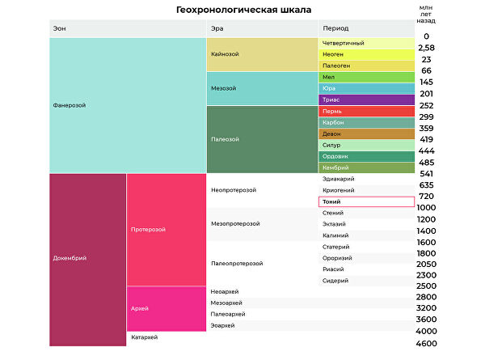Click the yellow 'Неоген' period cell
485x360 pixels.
tap(367, 54)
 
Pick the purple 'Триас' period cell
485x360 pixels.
tap(367, 100)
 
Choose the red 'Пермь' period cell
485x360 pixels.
tap(367, 111)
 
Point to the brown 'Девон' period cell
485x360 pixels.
tap(367, 133)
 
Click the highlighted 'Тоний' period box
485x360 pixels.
tap(367, 201)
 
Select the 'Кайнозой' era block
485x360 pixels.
tap(262, 54)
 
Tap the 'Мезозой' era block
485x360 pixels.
tap(262, 88)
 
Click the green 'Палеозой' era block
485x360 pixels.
tap(262, 139)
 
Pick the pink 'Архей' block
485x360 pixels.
tap(167, 308)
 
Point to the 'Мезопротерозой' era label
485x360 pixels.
tap(235, 223)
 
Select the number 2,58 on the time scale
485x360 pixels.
tap(426, 49)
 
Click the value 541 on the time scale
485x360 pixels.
tap(426, 173)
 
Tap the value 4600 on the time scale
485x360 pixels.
tap(426, 343)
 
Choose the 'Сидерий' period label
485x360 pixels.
tap(335, 280)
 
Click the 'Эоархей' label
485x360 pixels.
tap(222, 325)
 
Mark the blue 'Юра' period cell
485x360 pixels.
tap(367, 88)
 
